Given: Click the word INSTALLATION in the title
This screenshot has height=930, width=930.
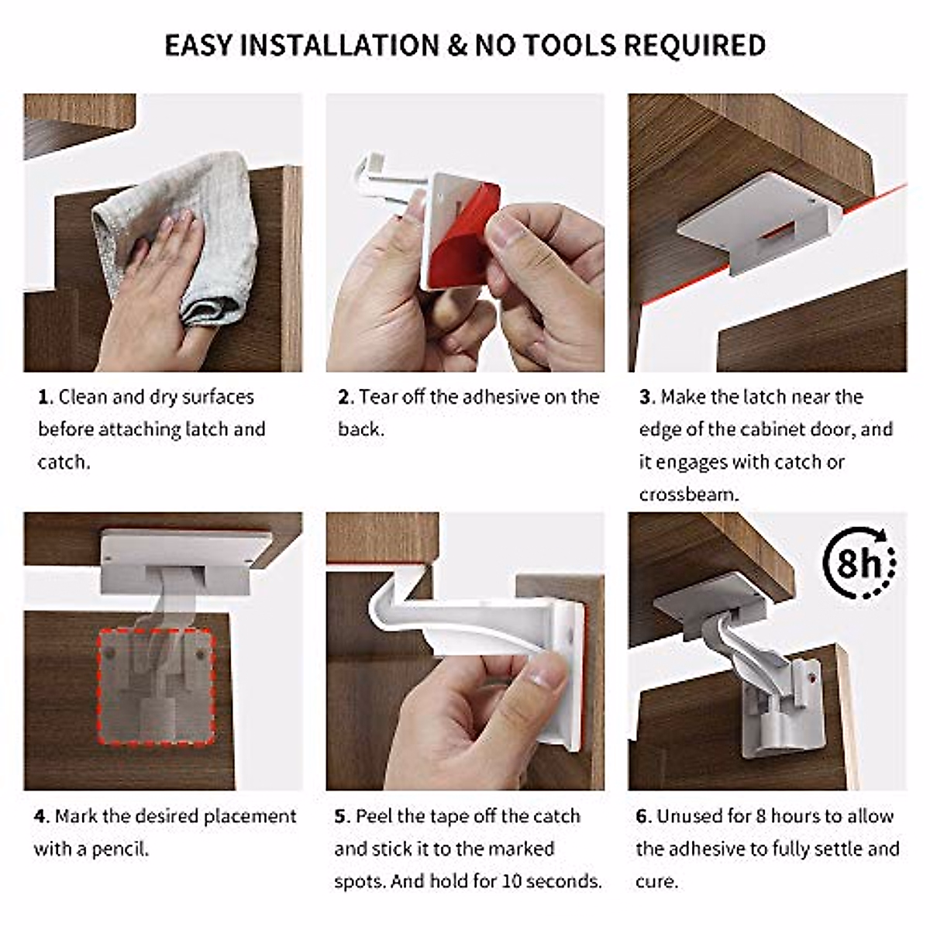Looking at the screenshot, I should point(340,46).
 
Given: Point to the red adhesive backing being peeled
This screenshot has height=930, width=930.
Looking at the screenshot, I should point(457,248).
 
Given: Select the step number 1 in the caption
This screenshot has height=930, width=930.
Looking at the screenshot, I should point(43,398).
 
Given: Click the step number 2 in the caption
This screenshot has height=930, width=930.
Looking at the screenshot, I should point(344,398).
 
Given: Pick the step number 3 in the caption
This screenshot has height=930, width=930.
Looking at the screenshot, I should point(646,398).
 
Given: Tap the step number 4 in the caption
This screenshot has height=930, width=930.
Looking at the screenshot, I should point(40,817).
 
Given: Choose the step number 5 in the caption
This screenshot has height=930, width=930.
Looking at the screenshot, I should point(341,817).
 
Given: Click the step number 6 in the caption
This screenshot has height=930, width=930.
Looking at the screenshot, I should point(642,817).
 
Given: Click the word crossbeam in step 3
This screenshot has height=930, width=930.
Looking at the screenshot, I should point(687,494).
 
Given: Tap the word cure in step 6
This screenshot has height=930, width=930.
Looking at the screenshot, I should point(656,882).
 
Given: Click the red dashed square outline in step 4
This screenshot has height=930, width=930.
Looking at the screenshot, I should point(100,682).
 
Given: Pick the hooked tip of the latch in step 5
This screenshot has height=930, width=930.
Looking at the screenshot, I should point(384,612).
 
